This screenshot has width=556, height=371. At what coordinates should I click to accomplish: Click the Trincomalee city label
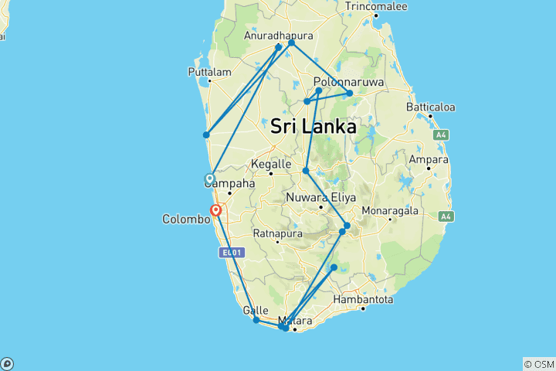(375, 6)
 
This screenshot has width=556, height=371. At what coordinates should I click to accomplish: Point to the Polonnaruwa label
(344, 81)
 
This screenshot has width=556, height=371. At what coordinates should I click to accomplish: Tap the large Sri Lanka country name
(314, 126)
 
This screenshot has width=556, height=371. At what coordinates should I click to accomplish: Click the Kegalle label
(270, 165)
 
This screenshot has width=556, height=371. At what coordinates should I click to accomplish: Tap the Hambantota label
(363, 299)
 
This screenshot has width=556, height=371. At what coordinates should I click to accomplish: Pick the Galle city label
(256, 310)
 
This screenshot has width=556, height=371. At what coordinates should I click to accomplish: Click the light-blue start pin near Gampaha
(209, 179)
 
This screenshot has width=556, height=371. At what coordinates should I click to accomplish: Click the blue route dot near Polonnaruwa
(350, 94)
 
